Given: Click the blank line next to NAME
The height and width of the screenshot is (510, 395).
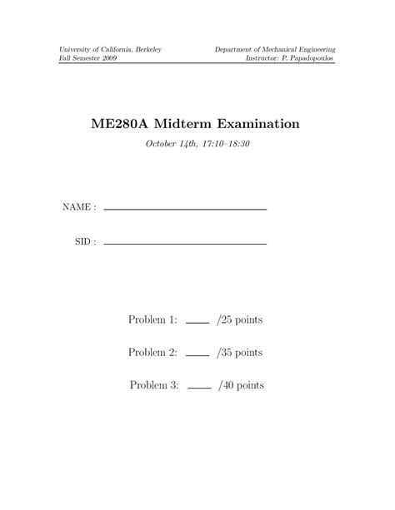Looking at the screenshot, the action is click(184, 210).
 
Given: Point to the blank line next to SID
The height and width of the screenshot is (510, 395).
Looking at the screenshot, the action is click(184, 244).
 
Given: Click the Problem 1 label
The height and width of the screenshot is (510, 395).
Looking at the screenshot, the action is click(152, 319).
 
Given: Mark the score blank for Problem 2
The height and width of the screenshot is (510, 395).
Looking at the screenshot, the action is click(197, 356).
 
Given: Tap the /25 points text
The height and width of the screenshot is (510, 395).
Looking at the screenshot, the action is click(239, 319).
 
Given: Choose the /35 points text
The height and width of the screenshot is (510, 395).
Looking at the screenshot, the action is click(239, 353).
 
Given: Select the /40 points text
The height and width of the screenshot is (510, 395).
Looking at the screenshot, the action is click(242, 386).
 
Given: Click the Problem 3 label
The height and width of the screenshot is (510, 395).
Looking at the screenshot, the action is click(154, 386).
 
